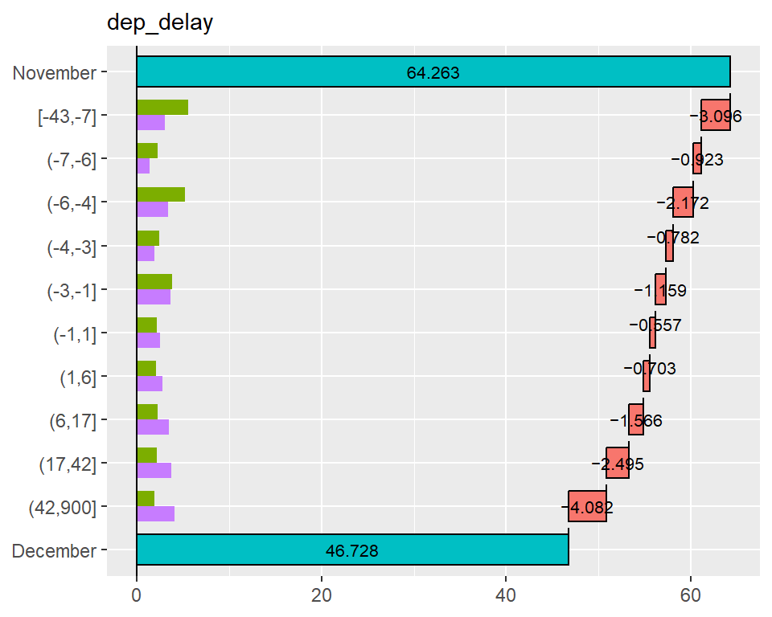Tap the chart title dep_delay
pos(160,23)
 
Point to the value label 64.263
pos(433,73)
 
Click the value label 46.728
pos(351,551)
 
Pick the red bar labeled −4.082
pos(587,506)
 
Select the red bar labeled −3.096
pos(715,115)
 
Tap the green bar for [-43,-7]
pos(162,108)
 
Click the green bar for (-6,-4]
pos(161,194)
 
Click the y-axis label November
pos(54,73)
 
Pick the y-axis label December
pos(54,551)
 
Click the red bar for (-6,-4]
pos(683,202)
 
